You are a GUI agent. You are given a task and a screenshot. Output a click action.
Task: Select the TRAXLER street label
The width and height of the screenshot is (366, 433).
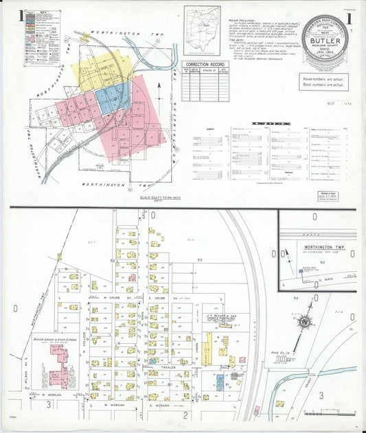click(x=168, y=367)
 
